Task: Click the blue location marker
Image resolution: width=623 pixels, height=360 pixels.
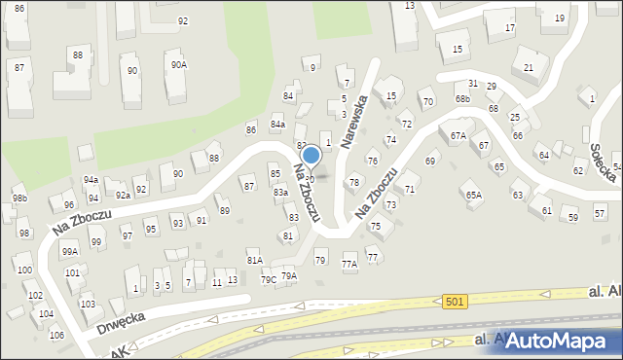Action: point(311,156)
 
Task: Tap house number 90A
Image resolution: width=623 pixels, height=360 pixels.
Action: point(178,65)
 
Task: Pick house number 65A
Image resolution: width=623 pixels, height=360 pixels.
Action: point(473,195)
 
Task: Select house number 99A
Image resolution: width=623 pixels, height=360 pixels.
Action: point(70,251)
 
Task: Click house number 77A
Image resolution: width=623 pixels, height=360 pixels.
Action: point(348,264)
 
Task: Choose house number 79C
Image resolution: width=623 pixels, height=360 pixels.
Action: point(267,280)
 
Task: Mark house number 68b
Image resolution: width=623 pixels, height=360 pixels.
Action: point(462,99)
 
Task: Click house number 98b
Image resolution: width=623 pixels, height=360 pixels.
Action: point(19,198)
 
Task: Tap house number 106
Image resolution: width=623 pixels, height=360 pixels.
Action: point(56,335)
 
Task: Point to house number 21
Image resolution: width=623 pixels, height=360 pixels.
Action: point(529,67)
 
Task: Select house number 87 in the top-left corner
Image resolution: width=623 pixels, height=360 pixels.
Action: point(19,67)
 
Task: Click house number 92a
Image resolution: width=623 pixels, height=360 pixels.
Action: point(123,194)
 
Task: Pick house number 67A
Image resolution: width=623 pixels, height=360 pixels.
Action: point(458,136)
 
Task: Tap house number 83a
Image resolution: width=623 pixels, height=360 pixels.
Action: point(280,193)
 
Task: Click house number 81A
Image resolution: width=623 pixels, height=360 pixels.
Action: point(255,260)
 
